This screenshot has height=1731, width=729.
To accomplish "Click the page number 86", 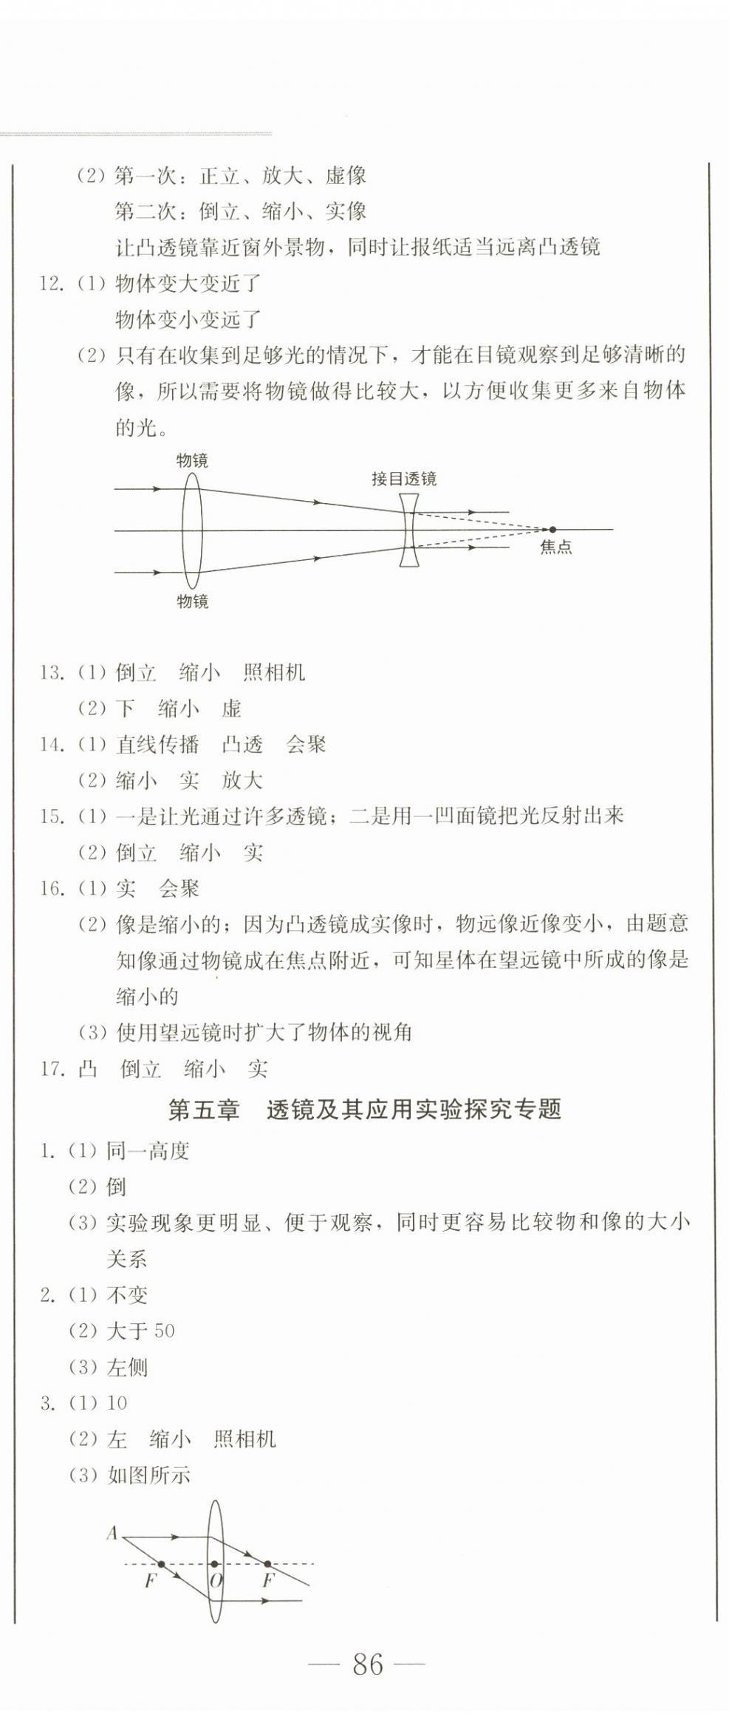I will coord(368,1664).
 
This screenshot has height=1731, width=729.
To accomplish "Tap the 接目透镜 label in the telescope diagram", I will coord(403,479).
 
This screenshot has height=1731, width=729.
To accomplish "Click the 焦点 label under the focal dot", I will coord(555,547).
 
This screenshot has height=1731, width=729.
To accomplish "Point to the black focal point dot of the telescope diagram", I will coord(552,530).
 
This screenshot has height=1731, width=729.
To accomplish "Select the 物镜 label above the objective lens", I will coord(192,460).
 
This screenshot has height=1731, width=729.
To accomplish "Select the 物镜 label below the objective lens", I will coord(192,601).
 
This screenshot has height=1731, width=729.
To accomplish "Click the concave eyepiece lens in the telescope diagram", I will coord(409,530).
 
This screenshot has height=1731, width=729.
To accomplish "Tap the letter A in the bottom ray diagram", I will coord(112,1534).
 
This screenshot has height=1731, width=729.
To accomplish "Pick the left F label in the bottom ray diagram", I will coord(151,1580).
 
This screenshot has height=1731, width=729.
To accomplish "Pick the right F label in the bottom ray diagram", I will coord(268,1580).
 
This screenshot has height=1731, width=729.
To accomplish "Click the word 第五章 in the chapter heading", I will coord(204,1110).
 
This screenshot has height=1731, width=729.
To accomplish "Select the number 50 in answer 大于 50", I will coord(164,1331).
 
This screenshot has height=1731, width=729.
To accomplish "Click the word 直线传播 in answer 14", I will coord(157,745).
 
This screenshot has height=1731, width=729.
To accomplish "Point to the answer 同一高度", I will coord(148,1150).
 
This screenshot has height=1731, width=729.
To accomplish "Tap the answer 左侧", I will coord(127,1368).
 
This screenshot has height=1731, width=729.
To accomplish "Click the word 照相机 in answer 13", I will coord(273,673).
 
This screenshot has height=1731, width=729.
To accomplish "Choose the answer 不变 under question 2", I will coord(127,1295).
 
